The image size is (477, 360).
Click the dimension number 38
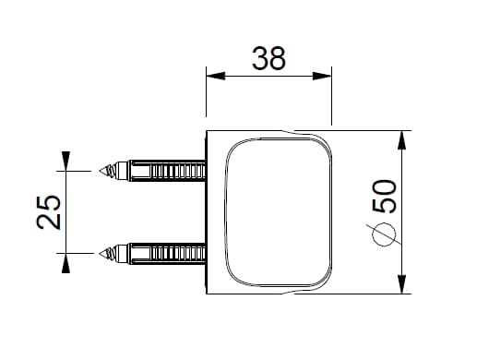(x=268, y=58)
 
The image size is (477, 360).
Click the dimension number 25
(x=49, y=212)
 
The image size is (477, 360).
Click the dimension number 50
(x=385, y=197)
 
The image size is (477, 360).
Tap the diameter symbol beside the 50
(x=384, y=234)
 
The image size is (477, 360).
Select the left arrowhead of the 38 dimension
(x=216, y=76)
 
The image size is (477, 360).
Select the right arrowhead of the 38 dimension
(x=322, y=76)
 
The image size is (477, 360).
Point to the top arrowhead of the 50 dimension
(x=401, y=140)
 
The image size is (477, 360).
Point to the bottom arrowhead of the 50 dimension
(x=401, y=284)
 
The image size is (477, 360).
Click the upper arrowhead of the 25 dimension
(x=66, y=161)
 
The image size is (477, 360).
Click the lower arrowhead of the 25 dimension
(x=66, y=263)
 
